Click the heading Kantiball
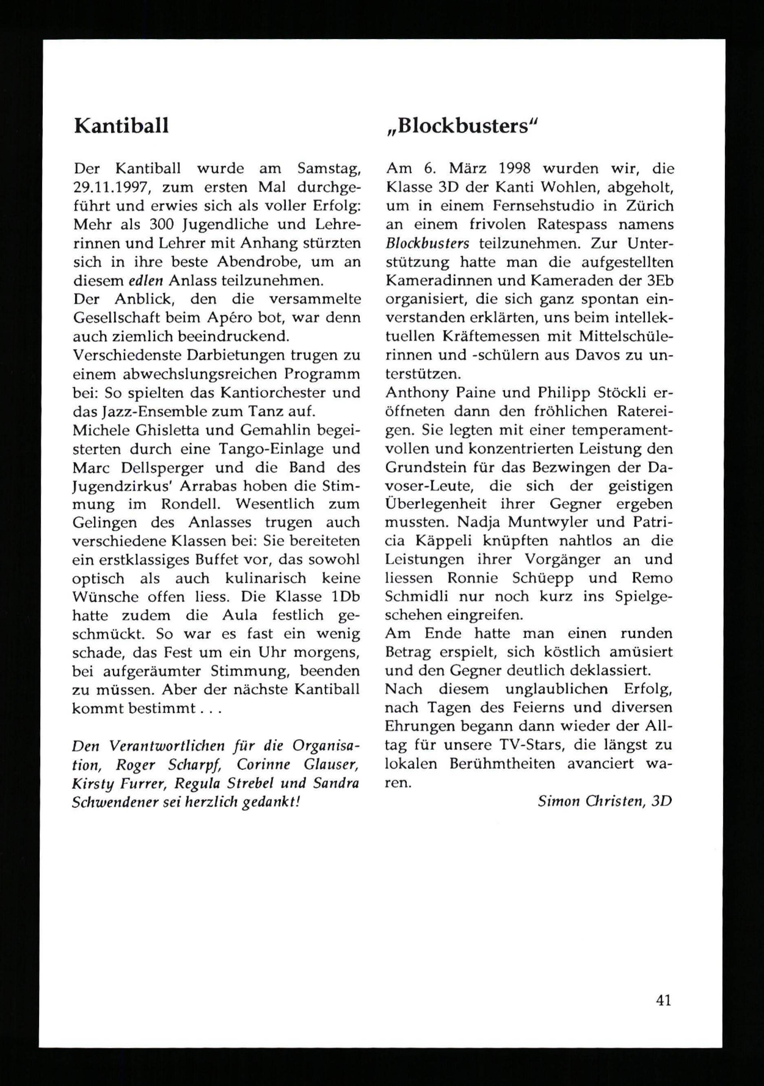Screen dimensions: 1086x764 121,126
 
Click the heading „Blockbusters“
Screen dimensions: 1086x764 462,126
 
